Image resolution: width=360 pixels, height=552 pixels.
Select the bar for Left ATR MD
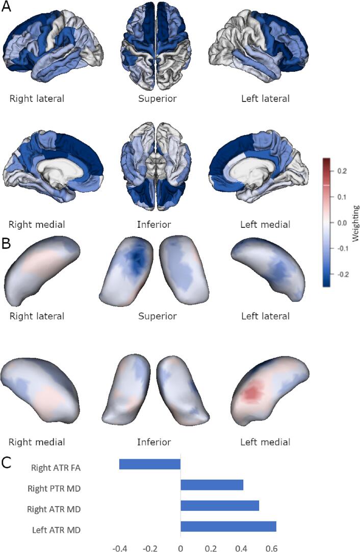pos(228,526)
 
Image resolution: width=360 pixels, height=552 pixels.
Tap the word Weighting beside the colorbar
pos(356,223)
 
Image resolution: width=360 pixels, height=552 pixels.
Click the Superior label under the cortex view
pos(158,98)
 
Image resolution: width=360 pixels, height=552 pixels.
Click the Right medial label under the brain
pos(37,224)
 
